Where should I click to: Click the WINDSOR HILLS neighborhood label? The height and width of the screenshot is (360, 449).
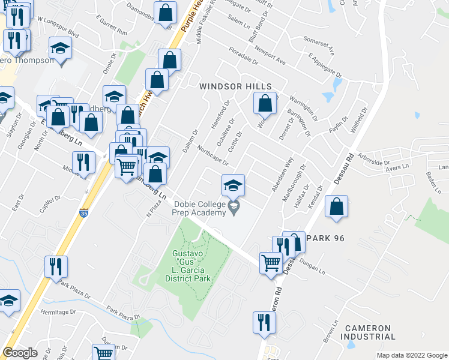235,86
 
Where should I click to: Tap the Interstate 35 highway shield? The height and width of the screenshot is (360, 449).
83,212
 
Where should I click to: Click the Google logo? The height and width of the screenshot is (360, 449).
20,353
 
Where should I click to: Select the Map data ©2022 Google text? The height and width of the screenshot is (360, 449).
411,355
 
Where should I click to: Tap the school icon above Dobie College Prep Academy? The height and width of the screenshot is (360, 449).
234,185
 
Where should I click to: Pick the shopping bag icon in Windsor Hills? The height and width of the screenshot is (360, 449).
265,104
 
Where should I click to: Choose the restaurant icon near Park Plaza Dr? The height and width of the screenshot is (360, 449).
56,266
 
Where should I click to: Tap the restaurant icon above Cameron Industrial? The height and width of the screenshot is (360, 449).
264,322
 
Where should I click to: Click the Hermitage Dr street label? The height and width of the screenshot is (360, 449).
58,313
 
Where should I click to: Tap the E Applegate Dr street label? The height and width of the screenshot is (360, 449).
324,65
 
